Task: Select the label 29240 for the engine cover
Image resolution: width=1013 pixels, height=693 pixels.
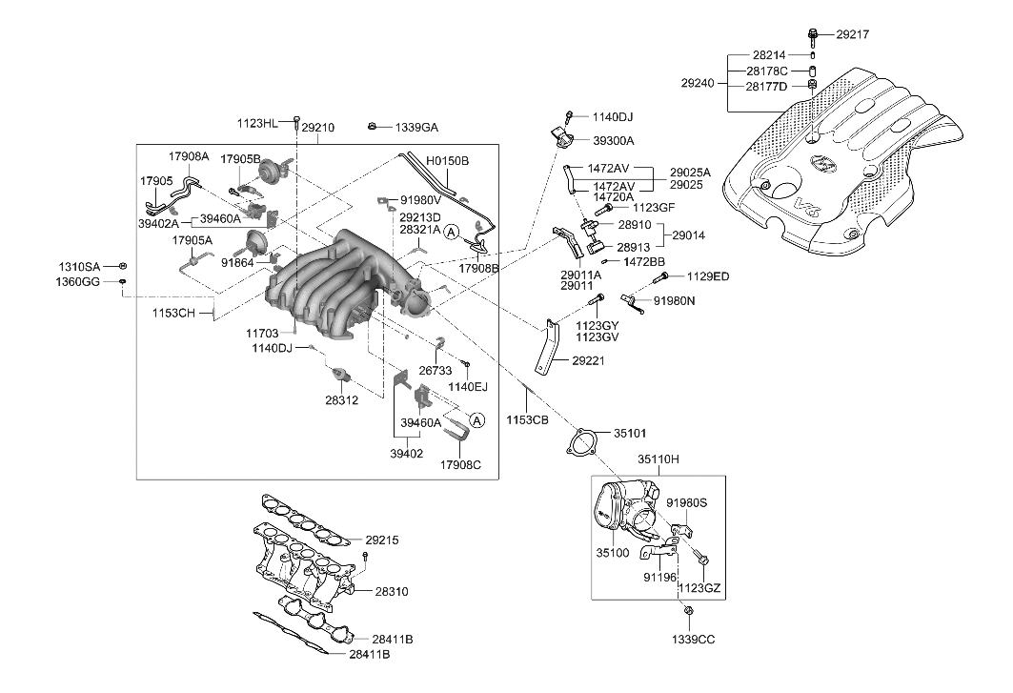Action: tap(698, 84)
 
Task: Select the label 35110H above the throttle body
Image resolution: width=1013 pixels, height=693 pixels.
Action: tap(658, 459)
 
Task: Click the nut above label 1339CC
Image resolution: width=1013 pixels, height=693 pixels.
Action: tap(688, 611)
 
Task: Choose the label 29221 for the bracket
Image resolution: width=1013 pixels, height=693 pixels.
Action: tap(588, 361)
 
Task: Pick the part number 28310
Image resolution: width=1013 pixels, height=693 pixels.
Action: tap(391, 592)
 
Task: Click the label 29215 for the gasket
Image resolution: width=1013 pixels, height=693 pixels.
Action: tap(379, 540)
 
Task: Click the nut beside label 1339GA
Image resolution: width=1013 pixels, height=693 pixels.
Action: tap(375, 126)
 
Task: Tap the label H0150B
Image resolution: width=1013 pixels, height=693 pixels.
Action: tap(447, 161)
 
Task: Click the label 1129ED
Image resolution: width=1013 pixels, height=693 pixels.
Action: tap(708, 276)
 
